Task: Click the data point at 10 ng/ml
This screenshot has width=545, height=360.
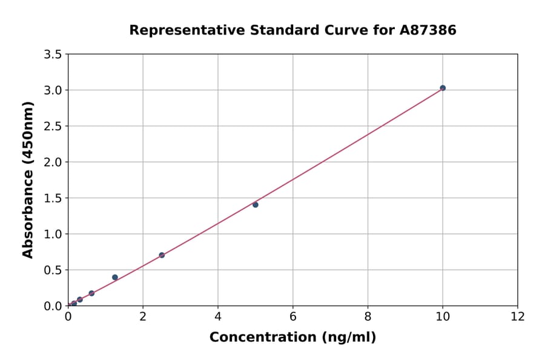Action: (x=443, y=88)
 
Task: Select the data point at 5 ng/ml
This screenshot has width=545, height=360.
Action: (x=256, y=205)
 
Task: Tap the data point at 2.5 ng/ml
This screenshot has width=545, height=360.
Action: (x=162, y=255)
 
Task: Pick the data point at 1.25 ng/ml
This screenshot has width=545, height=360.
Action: (x=115, y=278)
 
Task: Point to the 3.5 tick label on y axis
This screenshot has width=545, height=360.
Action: (x=53, y=55)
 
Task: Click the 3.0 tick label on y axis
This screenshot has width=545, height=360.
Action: (x=53, y=90)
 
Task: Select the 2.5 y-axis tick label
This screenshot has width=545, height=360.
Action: (x=53, y=126)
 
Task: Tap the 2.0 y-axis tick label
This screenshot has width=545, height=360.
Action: (x=53, y=162)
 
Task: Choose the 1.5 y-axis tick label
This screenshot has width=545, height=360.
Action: (x=53, y=198)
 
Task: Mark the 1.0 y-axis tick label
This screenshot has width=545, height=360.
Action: (x=53, y=234)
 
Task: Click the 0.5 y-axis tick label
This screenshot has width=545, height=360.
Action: (x=53, y=270)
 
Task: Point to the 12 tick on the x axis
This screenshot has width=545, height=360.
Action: (x=518, y=317)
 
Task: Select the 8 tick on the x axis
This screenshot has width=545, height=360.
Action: (x=368, y=317)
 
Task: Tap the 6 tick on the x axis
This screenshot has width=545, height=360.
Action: (x=292, y=317)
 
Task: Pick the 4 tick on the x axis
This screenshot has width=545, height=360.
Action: (x=218, y=317)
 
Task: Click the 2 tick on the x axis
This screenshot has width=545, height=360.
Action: (x=143, y=317)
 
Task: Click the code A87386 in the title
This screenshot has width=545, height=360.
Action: (x=428, y=30)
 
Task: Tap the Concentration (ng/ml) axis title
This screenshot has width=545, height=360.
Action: (x=292, y=338)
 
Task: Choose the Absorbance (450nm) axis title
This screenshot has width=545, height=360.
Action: (x=28, y=179)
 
